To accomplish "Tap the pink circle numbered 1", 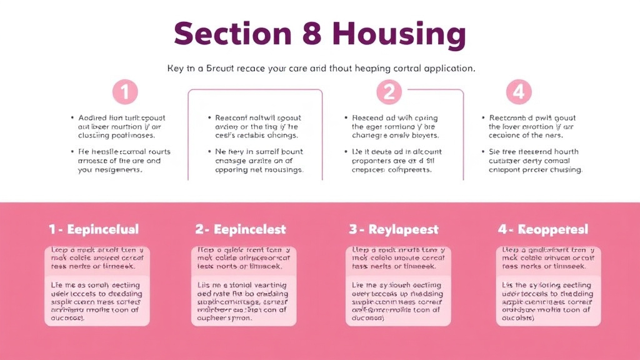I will tap(125, 92).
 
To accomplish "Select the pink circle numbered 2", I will tap(389, 92).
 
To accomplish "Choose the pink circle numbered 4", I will tap(518, 92).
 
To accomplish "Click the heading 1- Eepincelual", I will tap(94, 229).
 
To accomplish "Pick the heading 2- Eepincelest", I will tap(241, 229).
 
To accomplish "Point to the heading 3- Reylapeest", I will tap(394, 229).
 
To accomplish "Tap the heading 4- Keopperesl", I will tap(543, 229).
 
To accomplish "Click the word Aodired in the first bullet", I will tap(92, 117).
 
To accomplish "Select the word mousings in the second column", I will tap(284, 169).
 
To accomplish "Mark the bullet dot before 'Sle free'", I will tap(483, 152).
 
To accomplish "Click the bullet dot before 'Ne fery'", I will tap(208, 152).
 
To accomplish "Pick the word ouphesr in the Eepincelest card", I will tap(213, 317).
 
